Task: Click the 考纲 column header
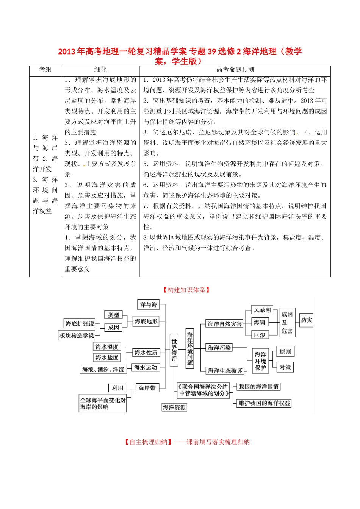45,70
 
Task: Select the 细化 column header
100,70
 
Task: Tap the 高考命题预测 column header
235,70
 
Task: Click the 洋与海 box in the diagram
148,304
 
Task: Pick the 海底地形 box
146,322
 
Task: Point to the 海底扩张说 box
80,323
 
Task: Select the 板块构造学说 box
76,336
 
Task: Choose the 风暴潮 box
262,310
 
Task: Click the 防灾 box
307,320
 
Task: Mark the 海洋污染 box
219,348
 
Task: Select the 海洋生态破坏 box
225,371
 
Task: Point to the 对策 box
285,367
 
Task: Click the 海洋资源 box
174,408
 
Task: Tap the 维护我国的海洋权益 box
264,403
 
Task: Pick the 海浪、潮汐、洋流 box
103,369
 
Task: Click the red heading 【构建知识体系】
186,290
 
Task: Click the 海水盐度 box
107,358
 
